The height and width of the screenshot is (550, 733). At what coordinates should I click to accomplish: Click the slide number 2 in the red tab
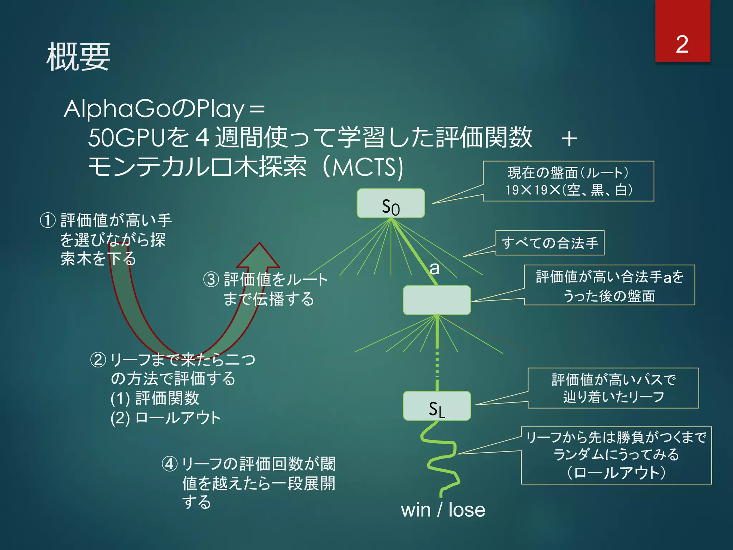pos(682,44)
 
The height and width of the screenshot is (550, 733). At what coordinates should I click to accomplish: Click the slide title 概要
pos(78,57)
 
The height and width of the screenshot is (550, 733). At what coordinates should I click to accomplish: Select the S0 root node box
pos(390,203)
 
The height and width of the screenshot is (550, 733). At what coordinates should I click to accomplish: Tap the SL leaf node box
pos(437,406)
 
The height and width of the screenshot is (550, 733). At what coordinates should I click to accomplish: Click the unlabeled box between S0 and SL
pos(437,300)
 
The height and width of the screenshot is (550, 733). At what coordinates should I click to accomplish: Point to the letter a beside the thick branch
pos(435,268)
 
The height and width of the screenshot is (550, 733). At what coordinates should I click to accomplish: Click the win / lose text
pos(443,510)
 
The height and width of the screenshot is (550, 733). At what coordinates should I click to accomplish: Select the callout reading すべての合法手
pos(550,243)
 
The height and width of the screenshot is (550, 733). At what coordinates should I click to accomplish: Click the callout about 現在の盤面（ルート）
pos(568,181)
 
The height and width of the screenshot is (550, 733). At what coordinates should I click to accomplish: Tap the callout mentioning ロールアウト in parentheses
pos(616,455)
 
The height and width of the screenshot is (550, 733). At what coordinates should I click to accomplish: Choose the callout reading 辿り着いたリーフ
pos(613,388)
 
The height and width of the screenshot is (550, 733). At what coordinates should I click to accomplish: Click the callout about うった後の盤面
pos(609,285)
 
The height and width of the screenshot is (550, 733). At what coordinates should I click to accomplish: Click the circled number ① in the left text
pos(48,220)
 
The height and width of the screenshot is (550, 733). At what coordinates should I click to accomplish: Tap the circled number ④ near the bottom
pos(170,464)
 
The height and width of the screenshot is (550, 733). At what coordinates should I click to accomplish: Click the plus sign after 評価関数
pos(569,139)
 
